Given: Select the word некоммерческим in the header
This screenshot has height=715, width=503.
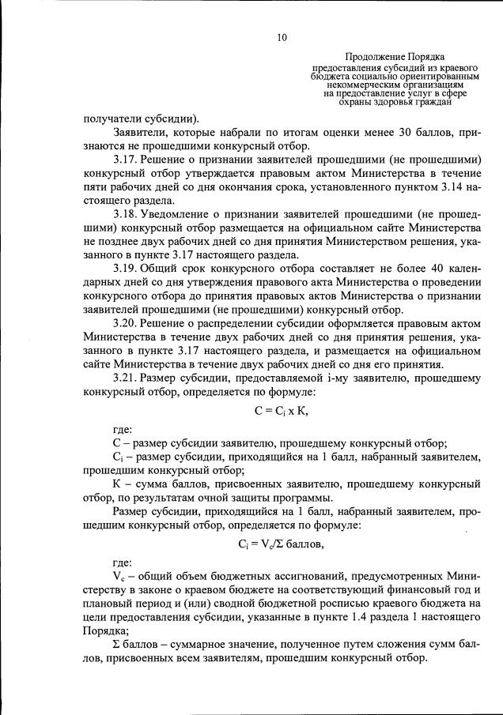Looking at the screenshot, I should pos(372,84).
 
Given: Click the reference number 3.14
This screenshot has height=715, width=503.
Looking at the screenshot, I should pos(442,189).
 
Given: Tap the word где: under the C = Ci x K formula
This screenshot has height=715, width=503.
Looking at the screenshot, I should pos(122,429).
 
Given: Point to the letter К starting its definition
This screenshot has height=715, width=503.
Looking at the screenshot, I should pos(117,483).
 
